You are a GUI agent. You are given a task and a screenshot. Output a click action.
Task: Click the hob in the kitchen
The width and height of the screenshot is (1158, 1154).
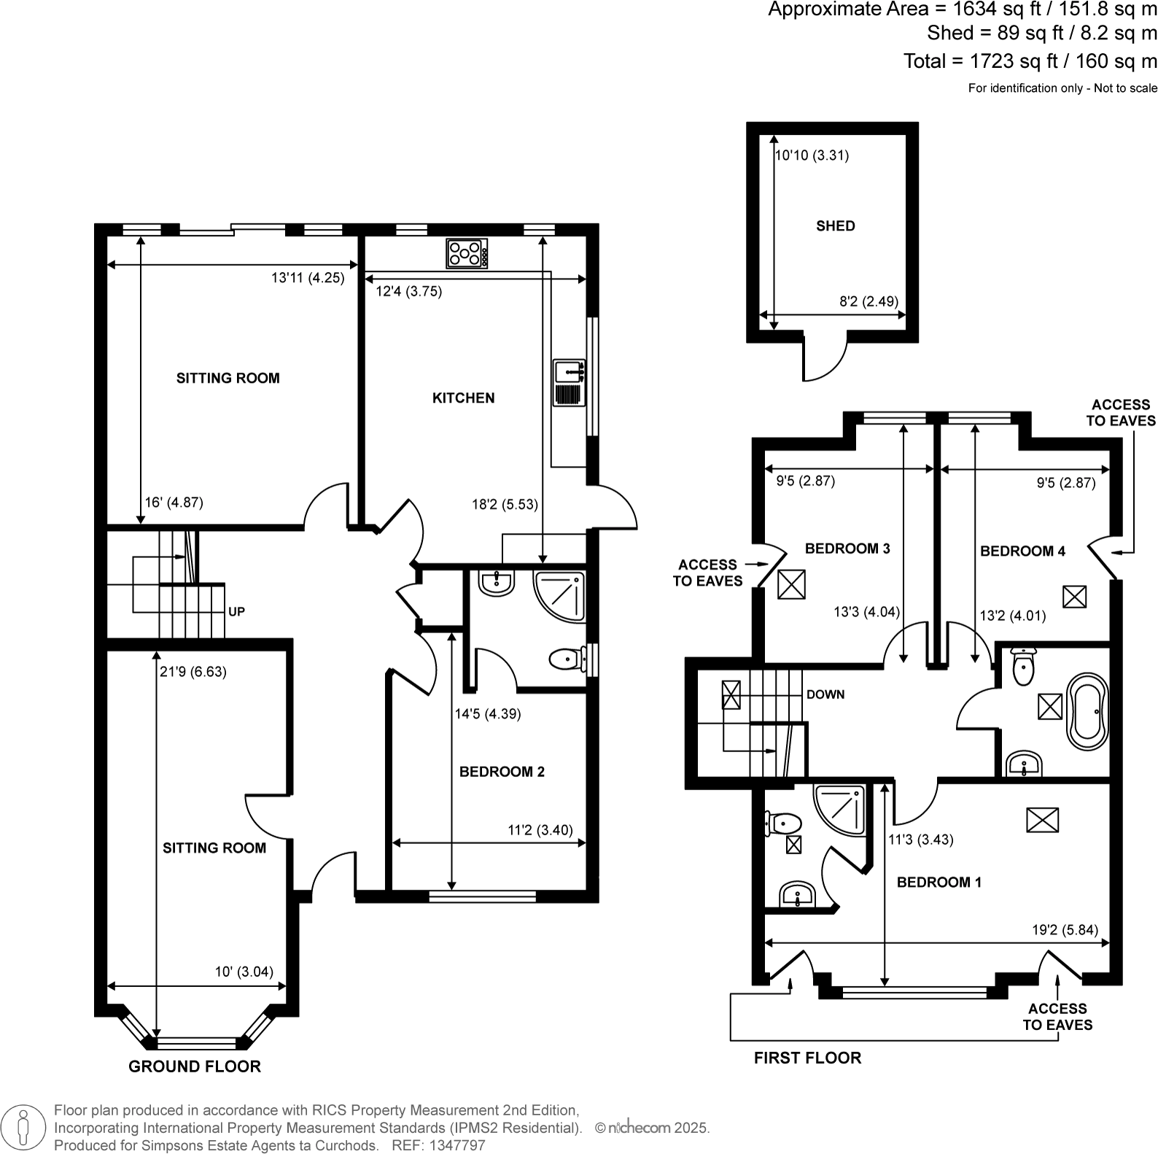[467, 253]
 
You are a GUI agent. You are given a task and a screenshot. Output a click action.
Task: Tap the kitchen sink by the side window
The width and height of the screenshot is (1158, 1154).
[569, 382]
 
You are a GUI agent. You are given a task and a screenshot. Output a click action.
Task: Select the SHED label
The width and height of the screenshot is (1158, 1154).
[836, 226]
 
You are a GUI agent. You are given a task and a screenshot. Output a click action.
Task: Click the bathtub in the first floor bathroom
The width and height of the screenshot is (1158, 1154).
[1087, 711]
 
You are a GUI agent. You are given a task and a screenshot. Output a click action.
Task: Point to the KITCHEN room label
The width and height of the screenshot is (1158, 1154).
[464, 398]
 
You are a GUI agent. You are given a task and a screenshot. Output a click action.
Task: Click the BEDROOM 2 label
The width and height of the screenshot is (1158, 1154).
[502, 772]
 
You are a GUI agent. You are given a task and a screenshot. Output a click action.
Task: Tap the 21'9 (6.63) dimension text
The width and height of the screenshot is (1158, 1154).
[193, 672]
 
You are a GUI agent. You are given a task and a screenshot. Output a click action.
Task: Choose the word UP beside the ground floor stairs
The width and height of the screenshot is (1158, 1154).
[236, 612]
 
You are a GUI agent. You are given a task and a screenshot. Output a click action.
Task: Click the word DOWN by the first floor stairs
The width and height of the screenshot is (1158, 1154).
[825, 694]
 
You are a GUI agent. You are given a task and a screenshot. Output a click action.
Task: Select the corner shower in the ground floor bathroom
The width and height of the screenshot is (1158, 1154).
[559, 596]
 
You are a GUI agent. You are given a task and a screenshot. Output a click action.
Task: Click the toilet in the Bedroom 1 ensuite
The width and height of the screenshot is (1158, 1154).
[783, 824]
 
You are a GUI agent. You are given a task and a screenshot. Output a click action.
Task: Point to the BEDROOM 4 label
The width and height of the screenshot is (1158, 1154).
[1022, 551]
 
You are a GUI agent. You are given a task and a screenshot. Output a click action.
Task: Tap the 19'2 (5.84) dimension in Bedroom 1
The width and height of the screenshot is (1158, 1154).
[1065, 930]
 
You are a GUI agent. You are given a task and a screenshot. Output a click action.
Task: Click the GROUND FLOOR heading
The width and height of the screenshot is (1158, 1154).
[195, 1066]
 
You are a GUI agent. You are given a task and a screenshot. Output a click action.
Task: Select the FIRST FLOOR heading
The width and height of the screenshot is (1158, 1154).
[807, 1058]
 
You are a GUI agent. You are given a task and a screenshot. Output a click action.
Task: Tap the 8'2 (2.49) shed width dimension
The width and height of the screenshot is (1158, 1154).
[869, 301]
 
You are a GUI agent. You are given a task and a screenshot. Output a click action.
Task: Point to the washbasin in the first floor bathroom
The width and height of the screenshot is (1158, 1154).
[1025, 765]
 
